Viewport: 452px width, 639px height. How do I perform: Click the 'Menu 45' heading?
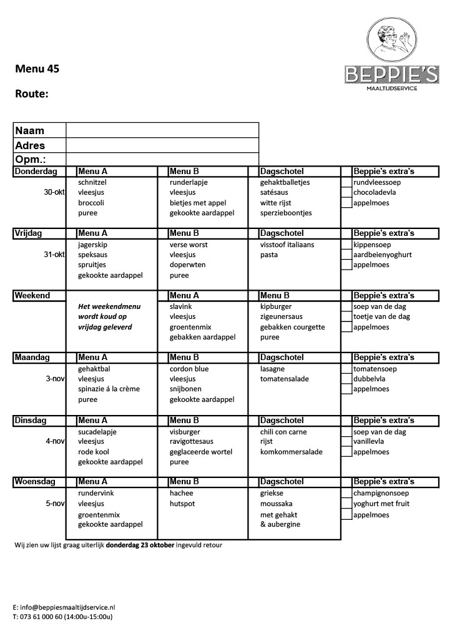[x=37, y=69]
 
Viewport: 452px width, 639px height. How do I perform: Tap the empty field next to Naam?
[x=162, y=130]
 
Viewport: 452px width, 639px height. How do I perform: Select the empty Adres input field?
[x=162, y=145]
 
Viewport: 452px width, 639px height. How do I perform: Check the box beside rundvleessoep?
[x=346, y=183]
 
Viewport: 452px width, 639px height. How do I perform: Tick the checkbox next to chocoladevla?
[x=346, y=193]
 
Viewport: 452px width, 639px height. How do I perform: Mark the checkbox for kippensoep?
[x=346, y=245]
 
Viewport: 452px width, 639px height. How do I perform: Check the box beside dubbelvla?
[x=346, y=379]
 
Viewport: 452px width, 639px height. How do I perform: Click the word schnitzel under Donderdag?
[x=92, y=183]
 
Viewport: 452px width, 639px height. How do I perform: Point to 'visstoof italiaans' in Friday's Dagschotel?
[x=287, y=245]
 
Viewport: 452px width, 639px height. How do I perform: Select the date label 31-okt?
[x=54, y=255]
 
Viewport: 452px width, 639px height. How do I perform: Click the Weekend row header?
[x=32, y=296]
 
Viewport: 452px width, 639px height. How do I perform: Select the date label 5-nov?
[x=55, y=504]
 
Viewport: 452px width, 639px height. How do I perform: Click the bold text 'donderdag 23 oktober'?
[x=140, y=545]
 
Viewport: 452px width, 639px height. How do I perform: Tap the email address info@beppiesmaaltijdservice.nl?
[x=68, y=607]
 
